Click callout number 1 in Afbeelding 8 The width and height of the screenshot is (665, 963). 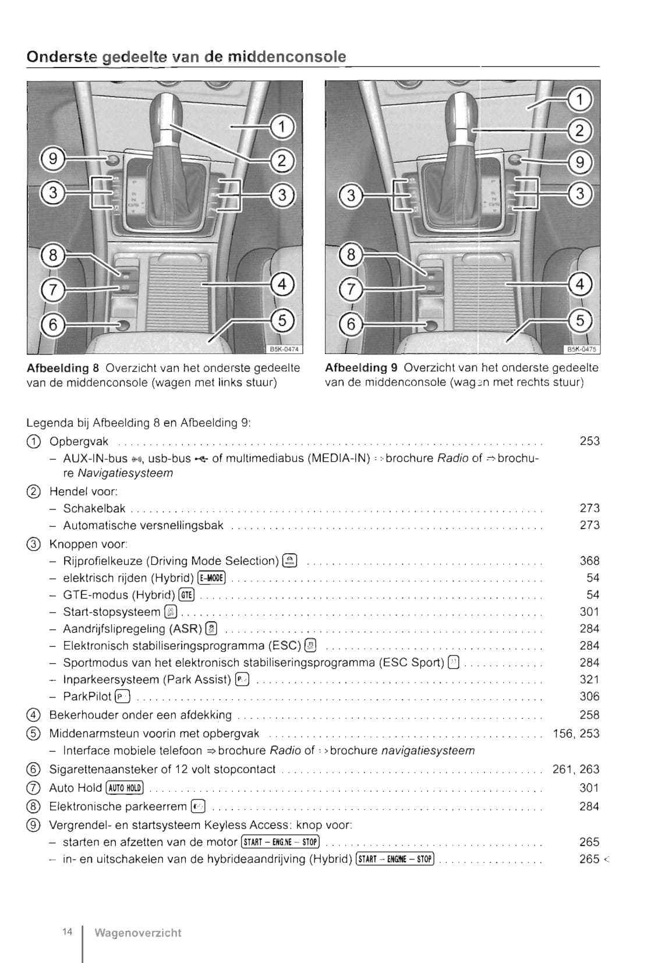tap(282, 126)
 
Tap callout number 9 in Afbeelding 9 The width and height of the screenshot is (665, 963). tap(579, 162)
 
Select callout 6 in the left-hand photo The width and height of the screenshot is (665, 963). tap(53, 324)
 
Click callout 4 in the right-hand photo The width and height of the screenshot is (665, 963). tap(579, 284)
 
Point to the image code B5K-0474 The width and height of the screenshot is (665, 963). tap(284, 349)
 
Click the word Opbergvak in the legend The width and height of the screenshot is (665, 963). tap(79, 441)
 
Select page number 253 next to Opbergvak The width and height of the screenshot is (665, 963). tap(589, 441)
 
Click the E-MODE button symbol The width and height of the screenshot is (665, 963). tap(211, 578)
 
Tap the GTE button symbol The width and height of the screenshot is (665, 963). tap(186, 595)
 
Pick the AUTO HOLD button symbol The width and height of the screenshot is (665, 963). tap(125, 788)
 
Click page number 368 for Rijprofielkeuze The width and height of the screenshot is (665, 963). tap(589, 561)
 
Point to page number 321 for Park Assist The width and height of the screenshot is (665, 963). tap(589, 679)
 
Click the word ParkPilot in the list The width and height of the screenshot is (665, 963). tap(87, 696)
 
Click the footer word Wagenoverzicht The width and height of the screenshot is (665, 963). tap(138, 933)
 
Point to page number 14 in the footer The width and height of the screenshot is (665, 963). tap(68, 932)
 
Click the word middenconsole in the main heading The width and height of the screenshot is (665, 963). tap(286, 56)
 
